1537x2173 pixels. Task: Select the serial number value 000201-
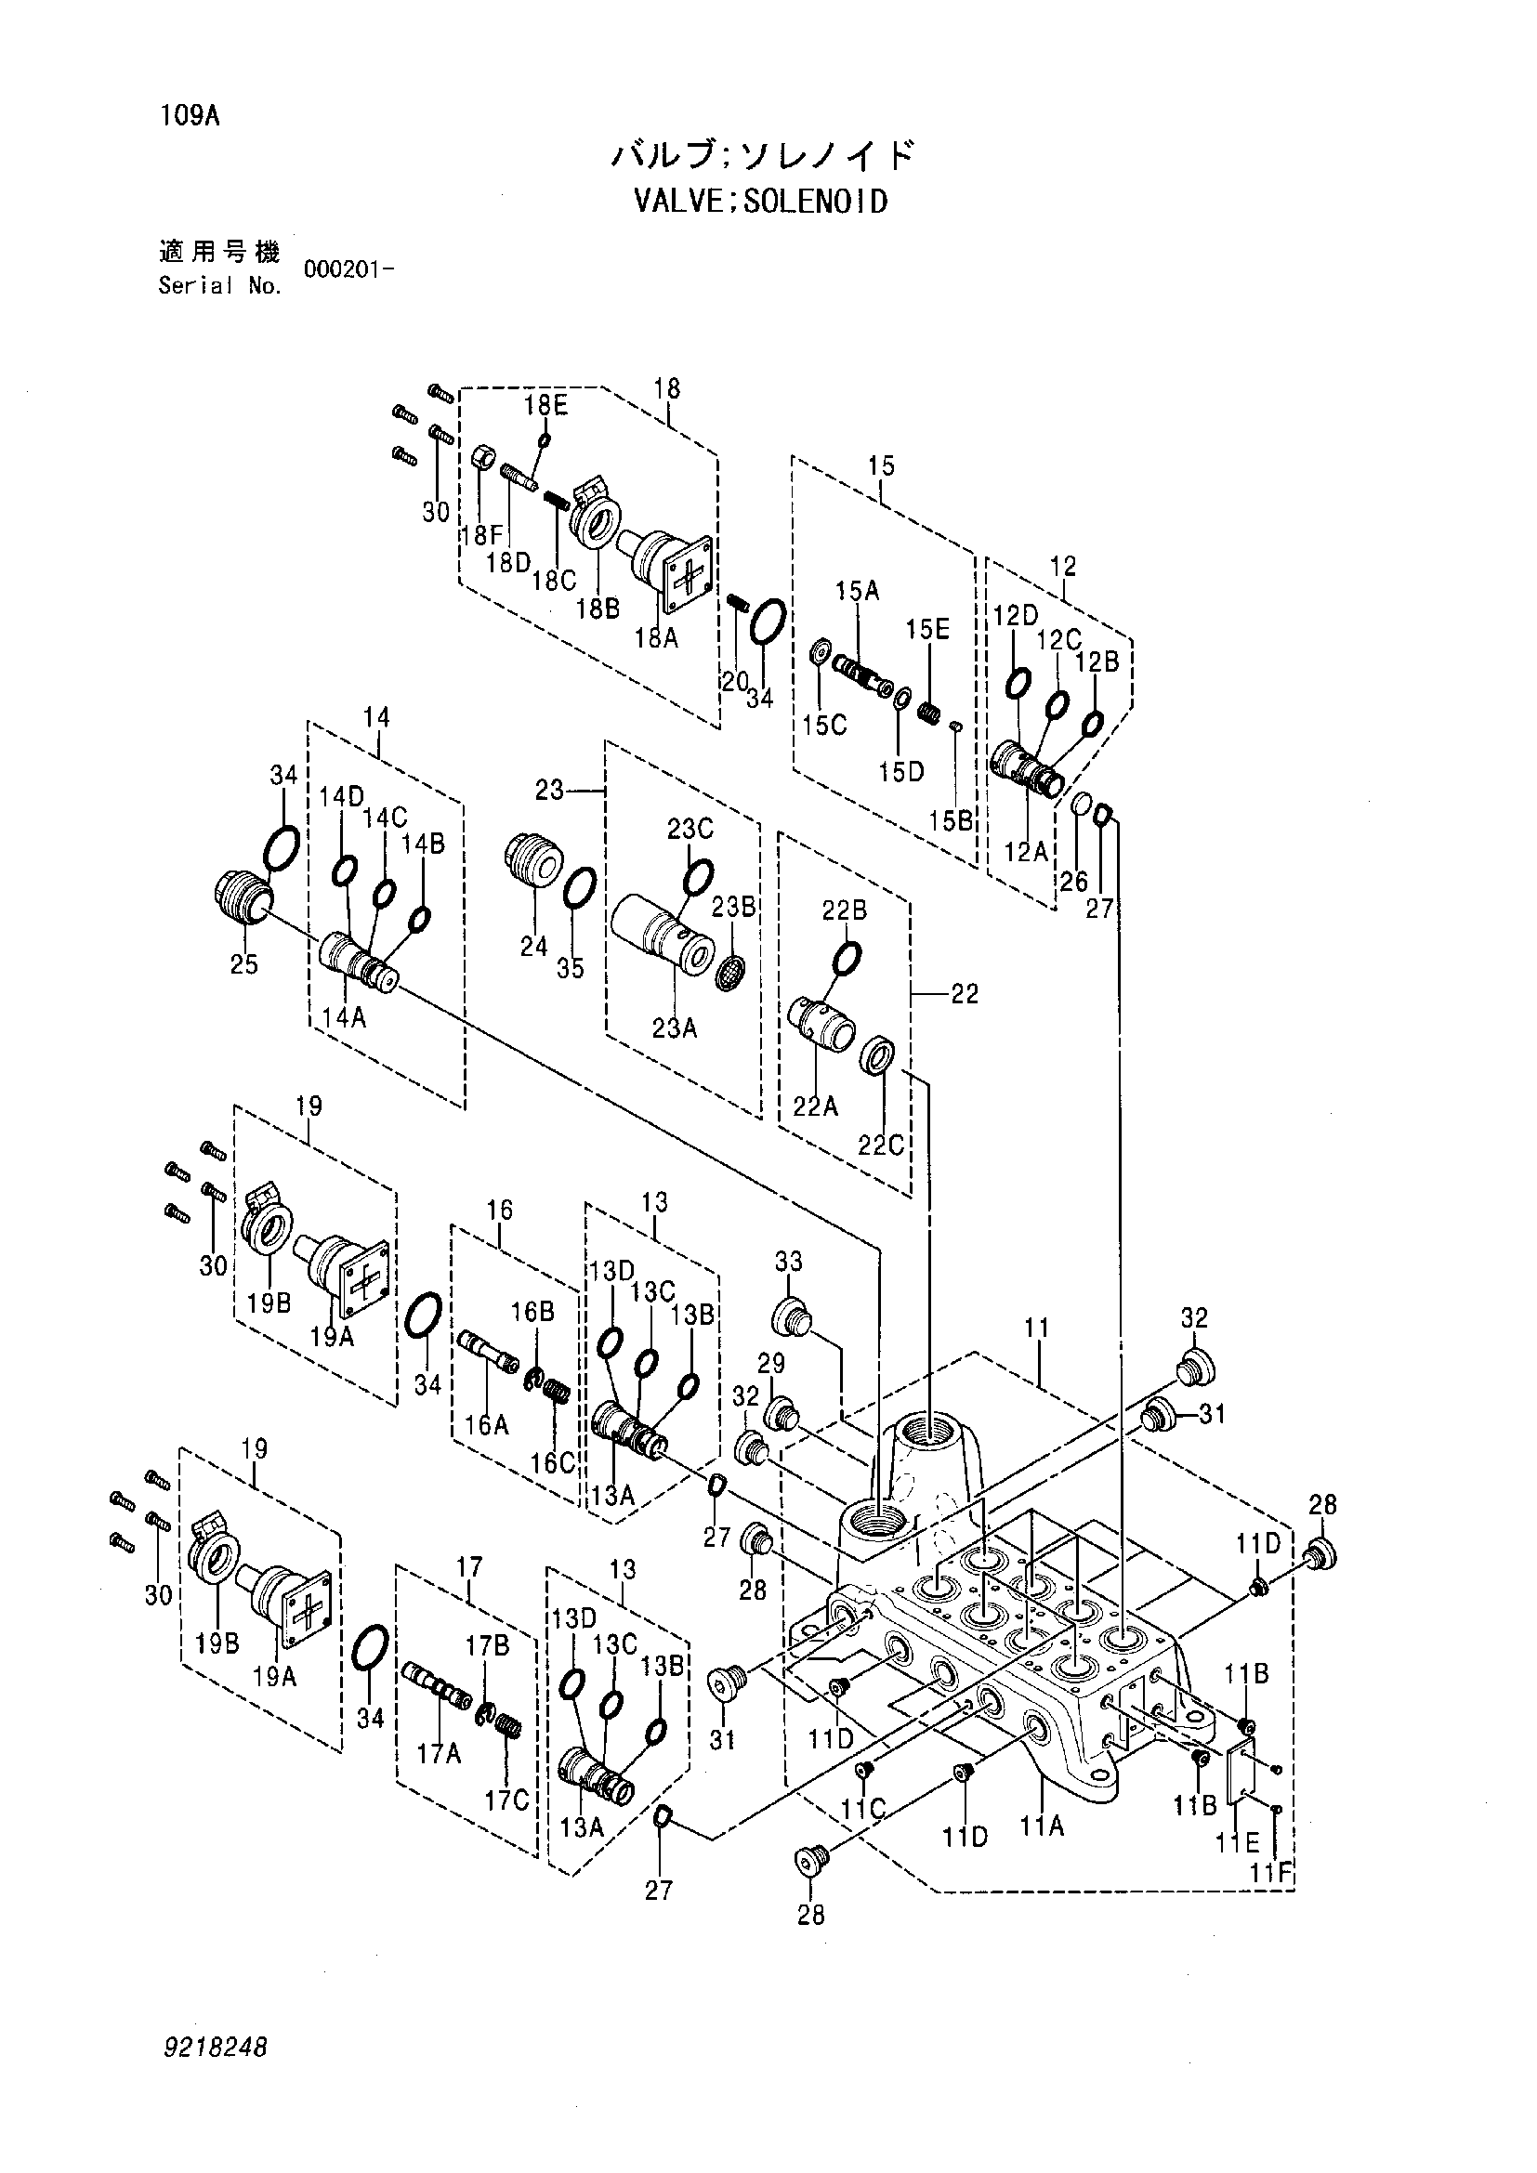[348, 268]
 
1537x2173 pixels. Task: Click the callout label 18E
[546, 405]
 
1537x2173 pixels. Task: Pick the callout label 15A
[857, 592]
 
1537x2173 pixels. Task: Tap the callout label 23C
[690, 829]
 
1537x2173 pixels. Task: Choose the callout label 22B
[844, 910]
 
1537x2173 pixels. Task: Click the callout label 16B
[532, 1312]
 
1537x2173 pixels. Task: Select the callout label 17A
[440, 1755]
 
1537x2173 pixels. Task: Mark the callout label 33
[788, 1262]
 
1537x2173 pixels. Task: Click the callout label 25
[244, 965]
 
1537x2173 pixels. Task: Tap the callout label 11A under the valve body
[1042, 1826]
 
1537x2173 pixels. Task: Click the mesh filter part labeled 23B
[729, 972]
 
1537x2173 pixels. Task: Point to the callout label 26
[1074, 881]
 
